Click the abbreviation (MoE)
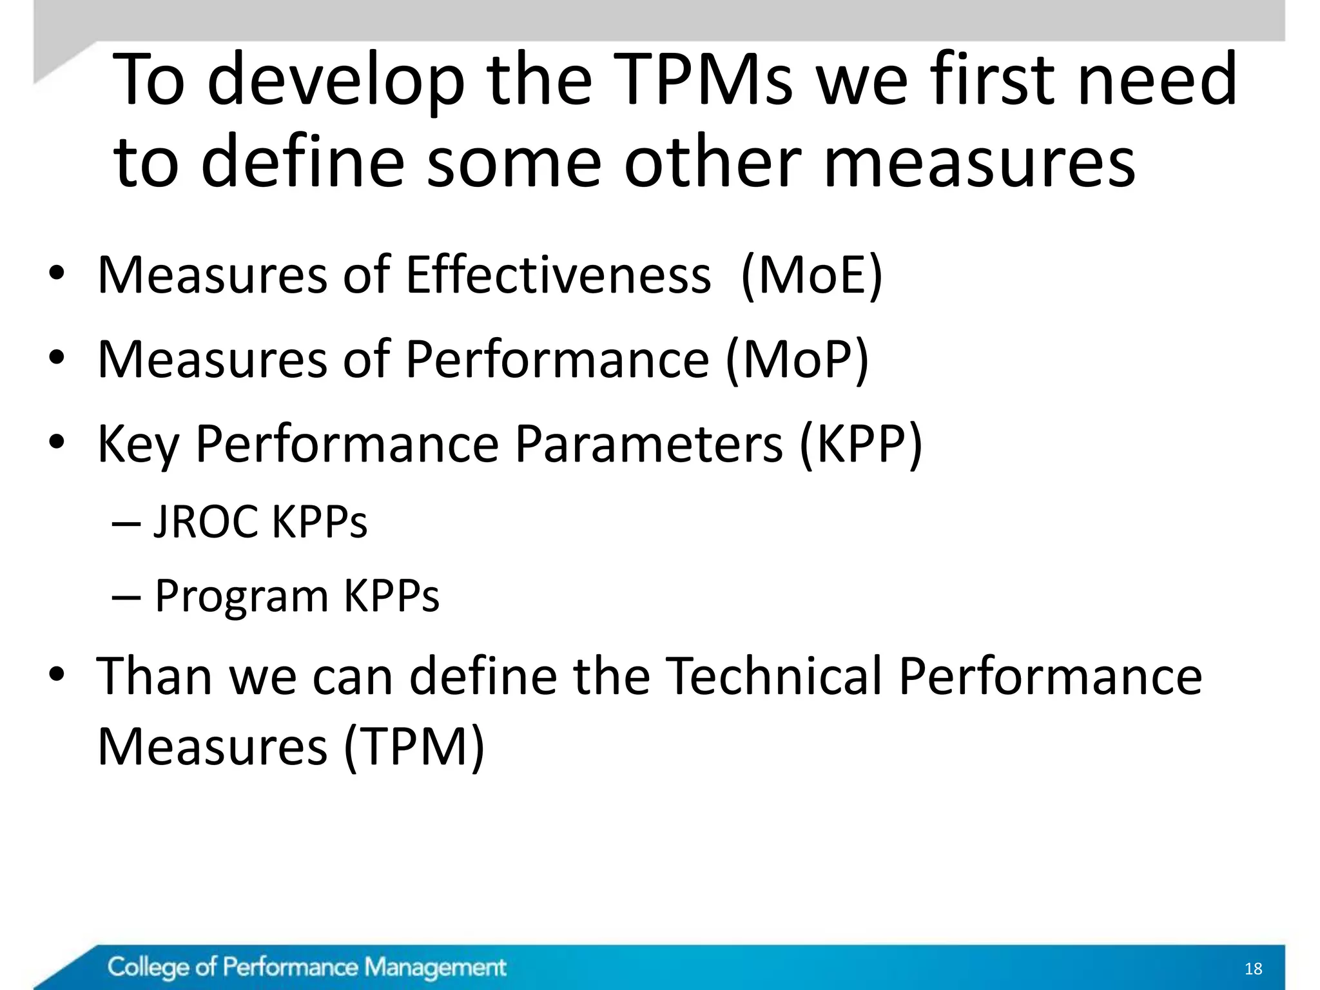pos(811,275)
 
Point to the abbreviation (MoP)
pos(797,359)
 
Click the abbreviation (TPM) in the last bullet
pos(413,746)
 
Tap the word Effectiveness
pos(558,275)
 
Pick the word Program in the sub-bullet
pos(242,596)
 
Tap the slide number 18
pos(1254,969)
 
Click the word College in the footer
pos(148,967)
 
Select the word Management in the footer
pos(435,967)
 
